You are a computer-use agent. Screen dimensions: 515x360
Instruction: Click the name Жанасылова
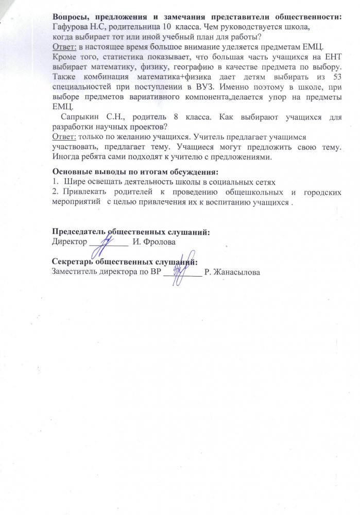236,272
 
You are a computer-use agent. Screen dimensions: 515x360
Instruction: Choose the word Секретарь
76,262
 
